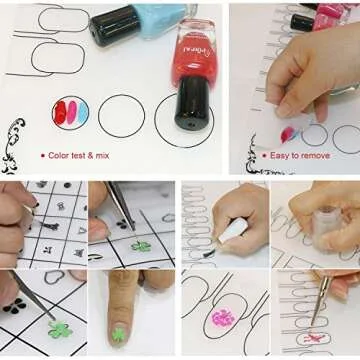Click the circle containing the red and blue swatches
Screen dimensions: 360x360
pyautogui.click(x=70, y=112)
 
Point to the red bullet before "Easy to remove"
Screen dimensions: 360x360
pyautogui.click(x=265, y=155)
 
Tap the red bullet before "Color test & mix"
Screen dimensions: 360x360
pyautogui.click(x=42, y=155)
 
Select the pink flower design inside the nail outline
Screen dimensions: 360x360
pyautogui.click(x=223, y=318)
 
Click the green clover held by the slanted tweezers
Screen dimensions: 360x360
pyautogui.click(x=62, y=328)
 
